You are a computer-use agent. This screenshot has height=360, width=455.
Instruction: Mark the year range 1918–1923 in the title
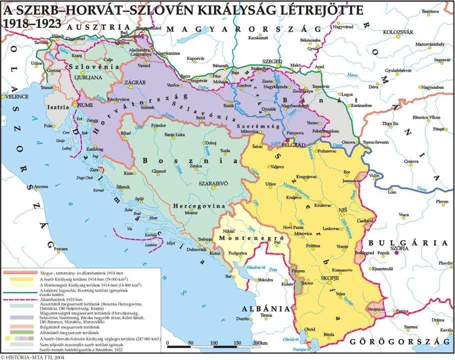coord(28,22)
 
